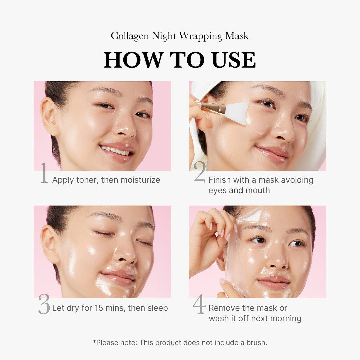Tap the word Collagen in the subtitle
130,36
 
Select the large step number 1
44,173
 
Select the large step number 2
200,173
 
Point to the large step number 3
44,304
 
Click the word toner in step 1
87,180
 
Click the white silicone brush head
237,113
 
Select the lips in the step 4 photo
273,283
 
